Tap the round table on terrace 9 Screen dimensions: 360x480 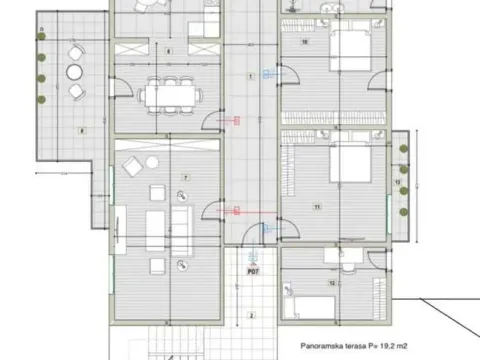(x=75, y=73)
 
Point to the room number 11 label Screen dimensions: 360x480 (x=316, y=206)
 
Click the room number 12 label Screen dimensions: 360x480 (x=331, y=284)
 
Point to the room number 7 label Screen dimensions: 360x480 (x=185, y=176)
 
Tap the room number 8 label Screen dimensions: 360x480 (x=167, y=50)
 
